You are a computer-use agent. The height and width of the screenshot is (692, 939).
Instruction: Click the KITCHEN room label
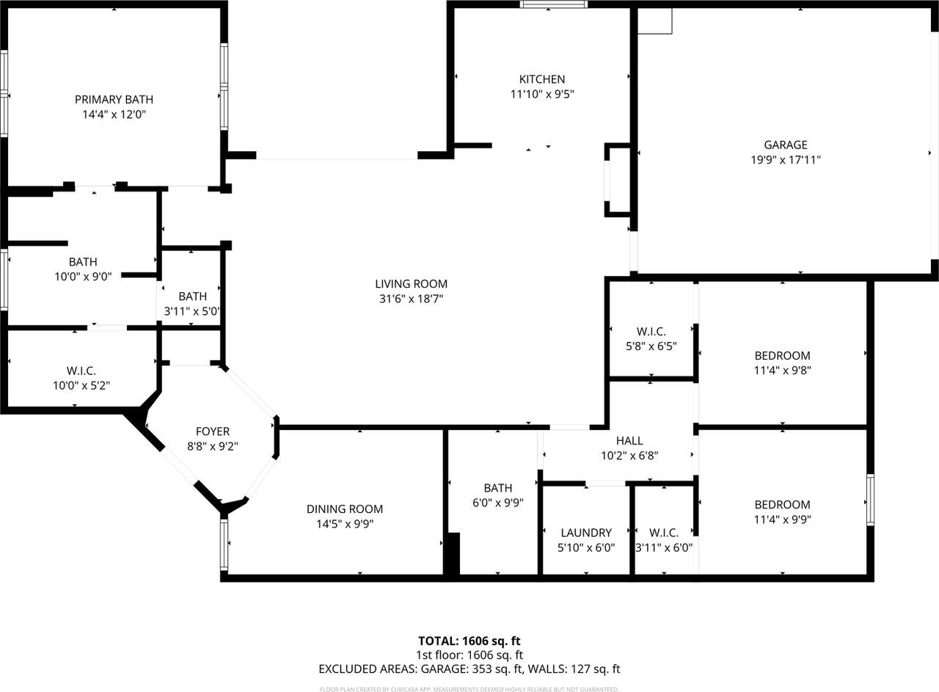(x=542, y=79)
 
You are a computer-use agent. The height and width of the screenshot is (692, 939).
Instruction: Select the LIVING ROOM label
(x=411, y=284)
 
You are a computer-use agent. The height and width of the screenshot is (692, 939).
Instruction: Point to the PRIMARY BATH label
(x=114, y=100)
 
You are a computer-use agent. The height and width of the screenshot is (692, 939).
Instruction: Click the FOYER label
(x=212, y=431)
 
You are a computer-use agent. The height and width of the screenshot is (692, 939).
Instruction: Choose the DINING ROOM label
(x=344, y=509)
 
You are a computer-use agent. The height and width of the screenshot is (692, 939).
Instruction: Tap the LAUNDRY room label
(x=585, y=533)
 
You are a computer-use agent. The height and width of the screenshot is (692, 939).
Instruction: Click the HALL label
(x=629, y=441)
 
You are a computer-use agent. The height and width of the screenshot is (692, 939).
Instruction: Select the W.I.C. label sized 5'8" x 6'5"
(x=651, y=331)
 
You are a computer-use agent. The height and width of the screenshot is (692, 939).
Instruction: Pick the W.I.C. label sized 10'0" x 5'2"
(x=81, y=371)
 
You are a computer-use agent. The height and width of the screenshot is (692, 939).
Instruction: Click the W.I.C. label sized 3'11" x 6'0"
(x=663, y=533)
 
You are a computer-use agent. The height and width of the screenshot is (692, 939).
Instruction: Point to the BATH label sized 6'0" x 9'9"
(x=497, y=488)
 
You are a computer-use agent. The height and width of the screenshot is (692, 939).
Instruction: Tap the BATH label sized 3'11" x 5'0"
(x=192, y=296)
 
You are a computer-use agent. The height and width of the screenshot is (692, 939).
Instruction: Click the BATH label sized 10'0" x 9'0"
(x=83, y=262)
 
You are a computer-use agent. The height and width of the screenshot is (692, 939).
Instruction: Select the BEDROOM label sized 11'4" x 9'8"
(x=782, y=356)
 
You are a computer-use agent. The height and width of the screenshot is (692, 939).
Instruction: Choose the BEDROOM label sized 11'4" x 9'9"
(x=782, y=505)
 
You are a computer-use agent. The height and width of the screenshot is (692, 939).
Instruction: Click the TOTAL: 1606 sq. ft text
(x=469, y=641)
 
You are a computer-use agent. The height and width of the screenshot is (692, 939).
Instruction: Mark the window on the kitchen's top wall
(x=554, y=4)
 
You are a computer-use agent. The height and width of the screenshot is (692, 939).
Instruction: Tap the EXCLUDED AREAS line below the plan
(x=469, y=669)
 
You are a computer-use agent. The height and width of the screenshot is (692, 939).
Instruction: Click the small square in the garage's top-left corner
(x=654, y=21)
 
